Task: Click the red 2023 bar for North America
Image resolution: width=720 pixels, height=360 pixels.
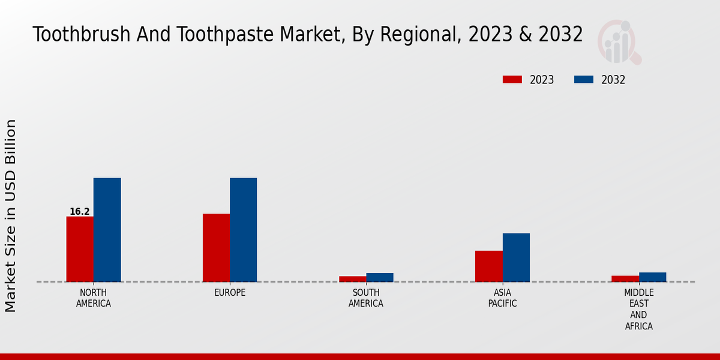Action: [x=80, y=249]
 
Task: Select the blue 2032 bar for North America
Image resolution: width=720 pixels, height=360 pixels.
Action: [x=107, y=230]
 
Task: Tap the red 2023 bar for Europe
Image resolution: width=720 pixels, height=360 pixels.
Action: [x=216, y=248]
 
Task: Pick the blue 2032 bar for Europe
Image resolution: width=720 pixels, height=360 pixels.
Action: [x=243, y=230]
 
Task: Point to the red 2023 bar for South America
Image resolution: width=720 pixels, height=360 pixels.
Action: [x=352, y=279]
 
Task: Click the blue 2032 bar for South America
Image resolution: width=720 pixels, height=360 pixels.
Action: [x=380, y=277]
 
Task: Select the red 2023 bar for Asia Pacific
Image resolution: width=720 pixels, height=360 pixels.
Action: [x=488, y=266]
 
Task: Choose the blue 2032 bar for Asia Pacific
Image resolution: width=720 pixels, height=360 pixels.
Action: [x=516, y=257]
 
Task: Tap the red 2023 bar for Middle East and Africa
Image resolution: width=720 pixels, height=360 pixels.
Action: [x=625, y=278]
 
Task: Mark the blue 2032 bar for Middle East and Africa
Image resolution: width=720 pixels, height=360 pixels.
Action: [x=652, y=277]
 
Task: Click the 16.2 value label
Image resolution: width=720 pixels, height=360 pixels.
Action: [x=79, y=212]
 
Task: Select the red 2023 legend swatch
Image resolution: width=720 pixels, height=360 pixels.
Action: [x=512, y=80]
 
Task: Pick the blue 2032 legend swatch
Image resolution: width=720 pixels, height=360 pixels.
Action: [x=584, y=80]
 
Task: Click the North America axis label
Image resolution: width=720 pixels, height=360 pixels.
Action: [x=93, y=298]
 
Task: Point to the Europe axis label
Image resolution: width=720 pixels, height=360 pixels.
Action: [x=230, y=293]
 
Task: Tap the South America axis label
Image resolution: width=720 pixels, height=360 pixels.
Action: [x=366, y=298]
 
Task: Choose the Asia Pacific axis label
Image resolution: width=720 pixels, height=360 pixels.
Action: [x=502, y=298]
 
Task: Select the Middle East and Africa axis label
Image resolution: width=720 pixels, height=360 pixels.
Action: [x=638, y=310]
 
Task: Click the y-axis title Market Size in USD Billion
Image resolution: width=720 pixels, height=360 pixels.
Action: [x=11, y=215]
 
